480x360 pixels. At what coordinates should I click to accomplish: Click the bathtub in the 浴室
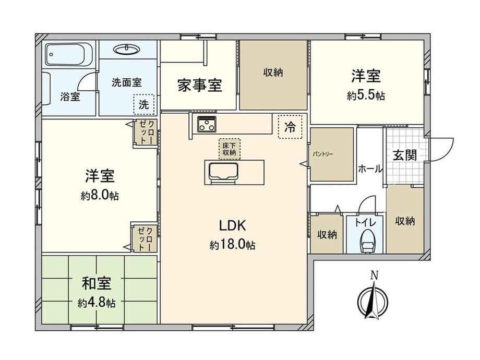pyautogui.click(x=69, y=54)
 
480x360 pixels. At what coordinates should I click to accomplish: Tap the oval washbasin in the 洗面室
pyautogui.click(x=126, y=49)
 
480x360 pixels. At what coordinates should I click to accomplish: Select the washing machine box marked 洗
pyautogui.click(x=143, y=104)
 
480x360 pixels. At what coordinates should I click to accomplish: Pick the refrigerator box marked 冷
pyautogui.click(x=290, y=127)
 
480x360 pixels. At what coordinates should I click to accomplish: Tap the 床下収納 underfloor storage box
pyautogui.click(x=229, y=149)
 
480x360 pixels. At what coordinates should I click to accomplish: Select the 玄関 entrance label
pyautogui.click(x=405, y=155)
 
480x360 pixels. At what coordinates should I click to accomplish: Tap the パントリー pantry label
pyautogui.click(x=323, y=154)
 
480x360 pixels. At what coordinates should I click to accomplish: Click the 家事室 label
pyautogui.click(x=200, y=86)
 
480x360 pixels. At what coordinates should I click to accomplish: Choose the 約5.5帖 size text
pyautogui.click(x=366, y=96)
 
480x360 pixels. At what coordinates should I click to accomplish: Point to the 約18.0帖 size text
pyautogui.click(x=233, y=245)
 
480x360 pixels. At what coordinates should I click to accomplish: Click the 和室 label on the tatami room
pyautogui.click(x=97, y=283)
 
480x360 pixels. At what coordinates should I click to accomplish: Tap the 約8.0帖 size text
pyautogui.click(x=100, y=195)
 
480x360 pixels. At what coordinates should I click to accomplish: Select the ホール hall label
pyautogui.click(x=370, y=169)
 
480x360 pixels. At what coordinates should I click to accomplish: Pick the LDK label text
pyautogui.click(x=233, y=225)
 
